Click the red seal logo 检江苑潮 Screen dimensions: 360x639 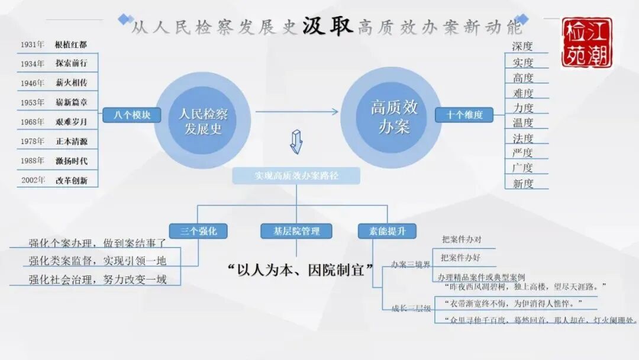pos(587,42)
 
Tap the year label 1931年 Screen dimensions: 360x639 pos(33,44)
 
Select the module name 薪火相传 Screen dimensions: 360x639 pos(71,83)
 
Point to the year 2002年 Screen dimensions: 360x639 pos(33,181)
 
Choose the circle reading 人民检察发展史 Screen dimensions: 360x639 pos(203,121)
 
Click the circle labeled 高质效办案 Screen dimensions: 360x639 pos(393,117)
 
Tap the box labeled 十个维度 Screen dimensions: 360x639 pos(464,115)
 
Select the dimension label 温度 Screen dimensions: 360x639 pos(523,123)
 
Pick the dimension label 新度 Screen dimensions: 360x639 pos(523,184)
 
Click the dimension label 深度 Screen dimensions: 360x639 pos(522,46)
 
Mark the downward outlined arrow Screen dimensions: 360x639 pos(296,142)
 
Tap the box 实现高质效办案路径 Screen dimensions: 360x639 pos(296,176)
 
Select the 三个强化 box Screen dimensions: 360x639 pos(198,231)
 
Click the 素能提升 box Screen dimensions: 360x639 pos(388,231)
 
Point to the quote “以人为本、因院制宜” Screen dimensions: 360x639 pos(301,269)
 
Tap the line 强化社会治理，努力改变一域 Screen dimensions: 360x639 pos(98,279)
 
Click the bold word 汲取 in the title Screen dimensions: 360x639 pos(327,27)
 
